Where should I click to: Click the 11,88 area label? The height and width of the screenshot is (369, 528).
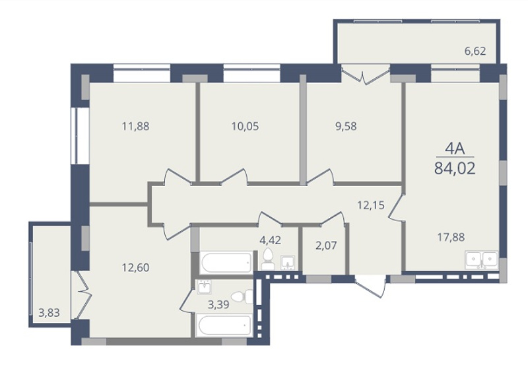[135, 127]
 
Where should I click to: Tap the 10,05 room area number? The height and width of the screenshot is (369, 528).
[245, 127]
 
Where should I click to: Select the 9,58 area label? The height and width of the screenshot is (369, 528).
[346, 127]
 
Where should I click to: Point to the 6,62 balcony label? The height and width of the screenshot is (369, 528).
[475, 51]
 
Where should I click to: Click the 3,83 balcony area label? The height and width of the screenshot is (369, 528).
[49, 313]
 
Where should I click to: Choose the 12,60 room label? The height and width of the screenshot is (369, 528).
[135, 268]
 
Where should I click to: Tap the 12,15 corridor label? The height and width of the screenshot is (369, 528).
[371, 205]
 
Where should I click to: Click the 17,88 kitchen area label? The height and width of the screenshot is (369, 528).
[451, 238]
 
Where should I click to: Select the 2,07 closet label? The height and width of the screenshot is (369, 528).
[326, 246]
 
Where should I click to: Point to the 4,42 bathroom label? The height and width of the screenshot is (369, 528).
[270, 240]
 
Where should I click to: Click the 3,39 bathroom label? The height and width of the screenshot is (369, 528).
[218, 305]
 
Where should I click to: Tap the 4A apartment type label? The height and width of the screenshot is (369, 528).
[455, 149]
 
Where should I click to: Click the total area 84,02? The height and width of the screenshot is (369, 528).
[455, 168]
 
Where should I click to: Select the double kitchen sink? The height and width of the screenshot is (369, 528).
[482, 260]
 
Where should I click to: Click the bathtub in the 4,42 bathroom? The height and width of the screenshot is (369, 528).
[226, 262]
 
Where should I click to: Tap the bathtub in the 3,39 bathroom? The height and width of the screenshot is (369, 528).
[224, 325]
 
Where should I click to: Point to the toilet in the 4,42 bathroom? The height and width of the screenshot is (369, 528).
[268, 259]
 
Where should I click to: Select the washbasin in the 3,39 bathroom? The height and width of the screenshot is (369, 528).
[204, 287]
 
